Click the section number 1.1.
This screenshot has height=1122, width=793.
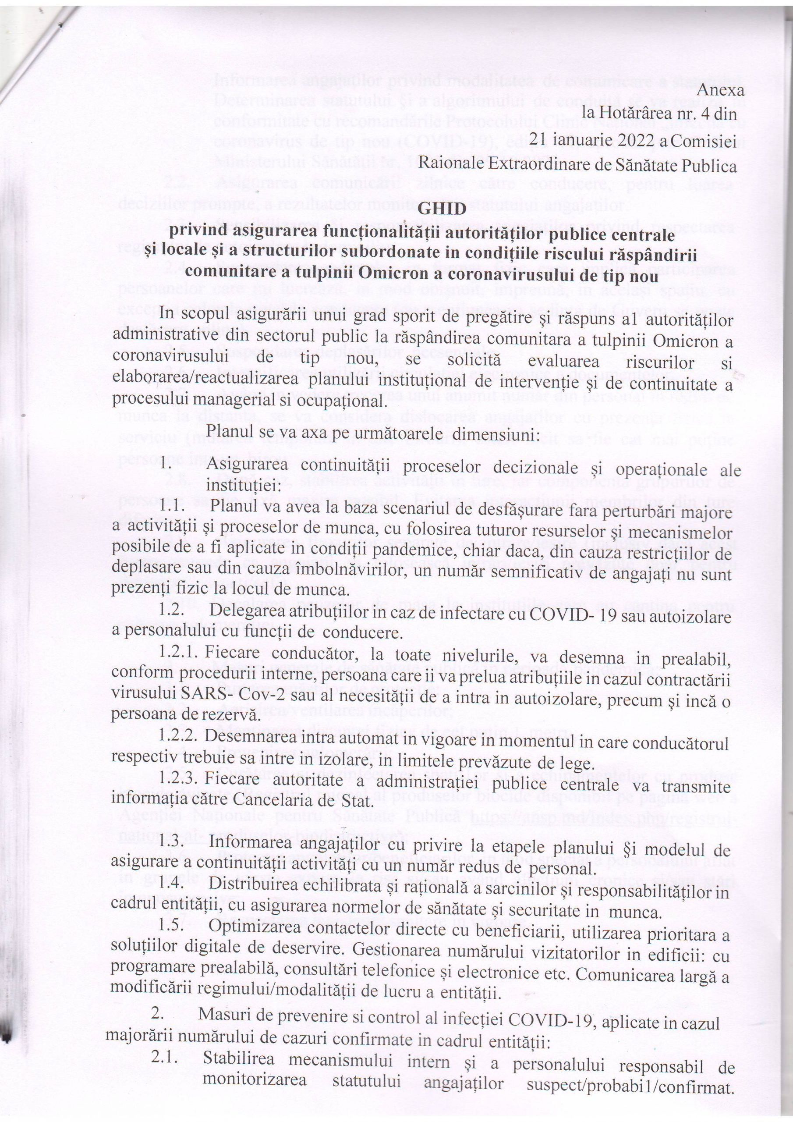[x=171, y=510]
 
